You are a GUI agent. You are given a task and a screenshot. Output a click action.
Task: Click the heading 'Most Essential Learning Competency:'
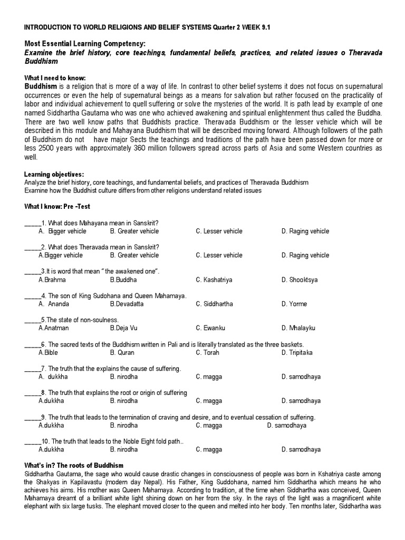[x=84, y=44]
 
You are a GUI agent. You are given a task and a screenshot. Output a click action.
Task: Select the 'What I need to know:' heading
[x=55, y=78]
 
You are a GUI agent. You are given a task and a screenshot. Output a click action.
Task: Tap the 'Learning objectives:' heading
[x=54, y=175]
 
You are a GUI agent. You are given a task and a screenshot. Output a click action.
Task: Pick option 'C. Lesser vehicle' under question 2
[x=219, y=255]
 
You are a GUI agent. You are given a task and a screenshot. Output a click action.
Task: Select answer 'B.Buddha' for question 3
[x=123, y=279]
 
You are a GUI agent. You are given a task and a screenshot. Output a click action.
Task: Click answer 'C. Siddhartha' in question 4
[x=214, y=304]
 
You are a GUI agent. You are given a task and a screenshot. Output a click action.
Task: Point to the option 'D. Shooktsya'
[x=300, y=279]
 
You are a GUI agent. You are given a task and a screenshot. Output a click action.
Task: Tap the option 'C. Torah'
[x=207, y=352]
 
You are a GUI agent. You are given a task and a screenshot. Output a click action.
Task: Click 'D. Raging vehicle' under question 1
[x=305, y=231]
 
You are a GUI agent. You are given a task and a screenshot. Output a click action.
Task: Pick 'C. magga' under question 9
[x=209, y=425]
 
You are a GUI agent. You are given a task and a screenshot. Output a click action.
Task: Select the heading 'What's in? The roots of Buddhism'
[x=74, y=466]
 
